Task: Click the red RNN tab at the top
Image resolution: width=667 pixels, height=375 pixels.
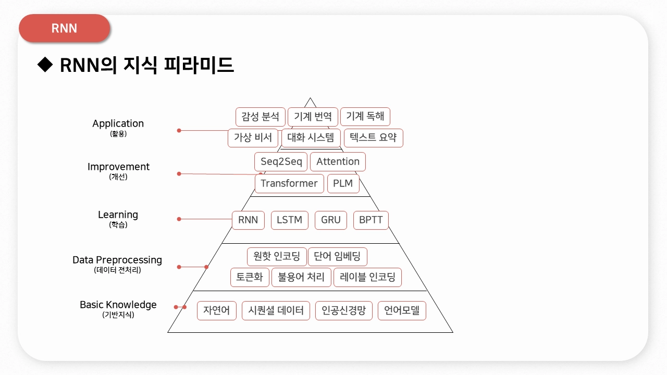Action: tap(65, 28)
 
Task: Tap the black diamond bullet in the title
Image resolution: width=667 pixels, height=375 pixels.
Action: tap(46, 65)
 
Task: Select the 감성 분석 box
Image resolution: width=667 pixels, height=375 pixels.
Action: tap(261, 116)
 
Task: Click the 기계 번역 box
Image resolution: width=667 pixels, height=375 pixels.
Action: tap(313, 116)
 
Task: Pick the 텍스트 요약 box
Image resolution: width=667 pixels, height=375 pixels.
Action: tap(374, 137)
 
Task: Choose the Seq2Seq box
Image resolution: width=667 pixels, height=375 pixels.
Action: tap(281, 161)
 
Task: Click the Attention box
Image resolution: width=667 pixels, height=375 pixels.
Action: tap(338, 161)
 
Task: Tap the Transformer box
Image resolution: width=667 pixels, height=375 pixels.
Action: tap(289, 183)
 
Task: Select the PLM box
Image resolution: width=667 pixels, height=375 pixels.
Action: tap(343, 183)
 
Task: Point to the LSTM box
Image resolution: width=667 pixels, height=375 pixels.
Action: tap(290, 220)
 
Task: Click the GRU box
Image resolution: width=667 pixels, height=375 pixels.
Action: tap(331, 220)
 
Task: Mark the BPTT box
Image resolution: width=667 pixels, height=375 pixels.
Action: tap(370, 220)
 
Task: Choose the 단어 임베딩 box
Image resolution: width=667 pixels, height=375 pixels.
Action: tap(337, 256)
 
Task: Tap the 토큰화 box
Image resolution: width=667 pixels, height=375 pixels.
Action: tap(250, 277)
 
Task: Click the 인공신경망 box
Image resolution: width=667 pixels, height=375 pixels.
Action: tap(344, 311)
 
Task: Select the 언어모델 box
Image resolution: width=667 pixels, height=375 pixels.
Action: tap(402, 311)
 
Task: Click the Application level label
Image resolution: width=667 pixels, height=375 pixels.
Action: tap(118, 123)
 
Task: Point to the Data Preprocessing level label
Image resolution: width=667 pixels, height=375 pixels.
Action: tap(117, 260)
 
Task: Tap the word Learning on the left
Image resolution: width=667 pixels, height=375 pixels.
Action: tap(118, 215)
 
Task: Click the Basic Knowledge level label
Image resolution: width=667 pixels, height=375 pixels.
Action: tap(118, 305)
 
